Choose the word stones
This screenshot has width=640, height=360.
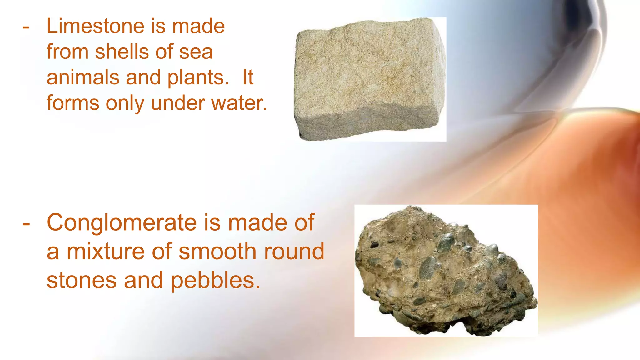tap(82, 280)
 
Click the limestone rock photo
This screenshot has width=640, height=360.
tap(370, 79)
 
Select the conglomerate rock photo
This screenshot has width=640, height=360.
tap(446, 271)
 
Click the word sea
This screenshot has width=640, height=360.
tap(196, 52)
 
